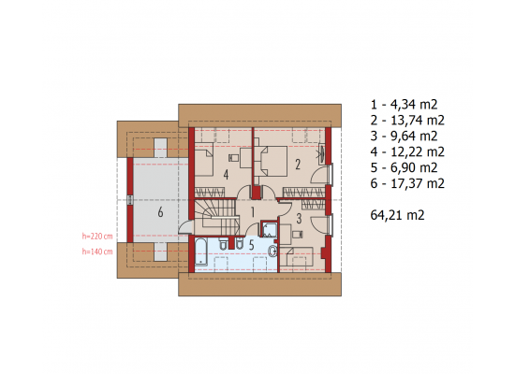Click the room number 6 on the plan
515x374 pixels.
pos(160,212)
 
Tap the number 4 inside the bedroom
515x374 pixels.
pos(226,175)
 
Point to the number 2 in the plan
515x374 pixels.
pos(298,165)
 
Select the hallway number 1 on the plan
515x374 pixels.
pos(253,212)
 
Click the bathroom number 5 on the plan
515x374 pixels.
pos(252,245)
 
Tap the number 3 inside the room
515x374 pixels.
pos(299,219)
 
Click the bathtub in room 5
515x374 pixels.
pos(201,252)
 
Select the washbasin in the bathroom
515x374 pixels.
pos(272,252)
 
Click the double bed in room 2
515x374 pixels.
pos(271,161)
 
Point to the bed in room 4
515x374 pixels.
pos(204,163)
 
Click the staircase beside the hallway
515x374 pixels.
pos(215,218)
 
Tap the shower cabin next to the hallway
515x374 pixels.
pos(269,229)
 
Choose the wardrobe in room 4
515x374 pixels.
pos(210,192)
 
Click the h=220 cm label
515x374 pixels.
pos(97,236)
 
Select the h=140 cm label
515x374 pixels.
pos(97,252)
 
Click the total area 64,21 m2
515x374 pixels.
pos(397,215)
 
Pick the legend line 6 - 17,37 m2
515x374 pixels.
pos(407,183)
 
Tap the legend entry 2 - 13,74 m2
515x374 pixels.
pos(407,121)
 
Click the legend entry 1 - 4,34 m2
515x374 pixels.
pos(404,105)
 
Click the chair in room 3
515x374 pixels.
pos(297,234)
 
